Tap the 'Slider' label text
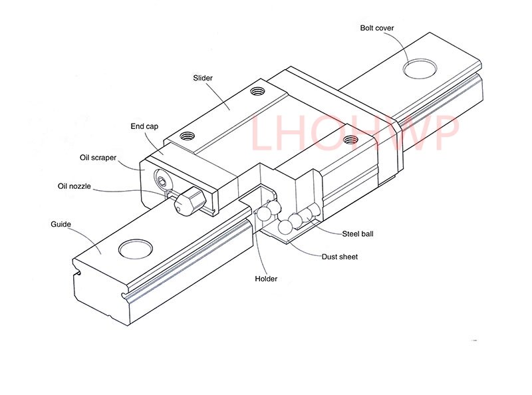(202, 78)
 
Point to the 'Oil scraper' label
(98, 158)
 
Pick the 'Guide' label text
(61, 224)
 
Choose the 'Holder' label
(266, 279)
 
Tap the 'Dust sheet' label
(339, 257)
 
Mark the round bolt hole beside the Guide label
(136, 249)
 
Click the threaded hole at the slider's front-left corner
(186, 136)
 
